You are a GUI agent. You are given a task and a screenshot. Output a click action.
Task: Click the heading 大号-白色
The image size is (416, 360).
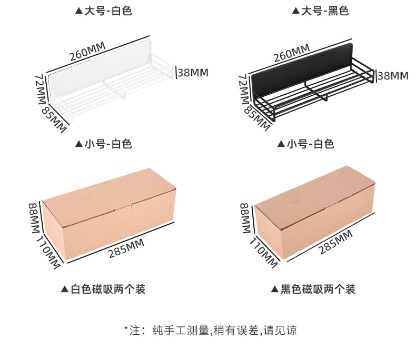(x=103, y=11)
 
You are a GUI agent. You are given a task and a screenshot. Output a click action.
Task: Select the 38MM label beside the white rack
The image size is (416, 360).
(x=193, y=73)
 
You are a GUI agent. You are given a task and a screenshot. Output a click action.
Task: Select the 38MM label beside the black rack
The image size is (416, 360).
(x=393, y=76)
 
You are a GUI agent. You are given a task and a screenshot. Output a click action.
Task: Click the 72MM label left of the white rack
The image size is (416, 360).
(x=40, y=88)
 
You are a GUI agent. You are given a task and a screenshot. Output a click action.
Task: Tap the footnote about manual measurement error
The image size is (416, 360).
(x=211, y=330)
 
